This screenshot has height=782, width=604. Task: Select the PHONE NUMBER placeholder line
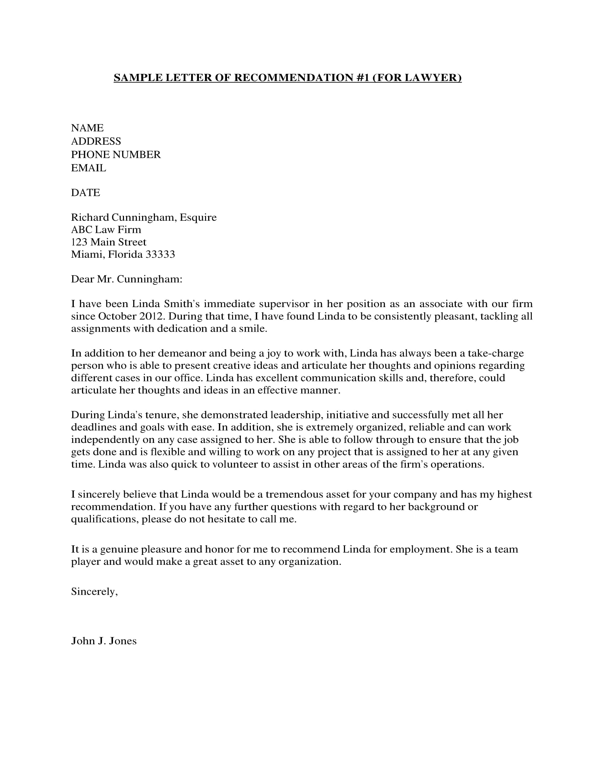115,155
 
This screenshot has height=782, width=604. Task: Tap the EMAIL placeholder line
88,168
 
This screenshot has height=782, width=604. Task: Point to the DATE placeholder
85,193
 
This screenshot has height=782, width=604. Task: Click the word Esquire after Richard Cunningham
198,217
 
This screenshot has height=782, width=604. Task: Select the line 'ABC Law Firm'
106,230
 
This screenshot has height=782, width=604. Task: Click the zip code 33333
160,254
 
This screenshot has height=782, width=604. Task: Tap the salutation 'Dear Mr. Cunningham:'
127,279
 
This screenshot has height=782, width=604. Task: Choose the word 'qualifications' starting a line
104,519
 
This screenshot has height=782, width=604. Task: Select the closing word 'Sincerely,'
94,591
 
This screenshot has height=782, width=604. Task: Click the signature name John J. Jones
104,641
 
